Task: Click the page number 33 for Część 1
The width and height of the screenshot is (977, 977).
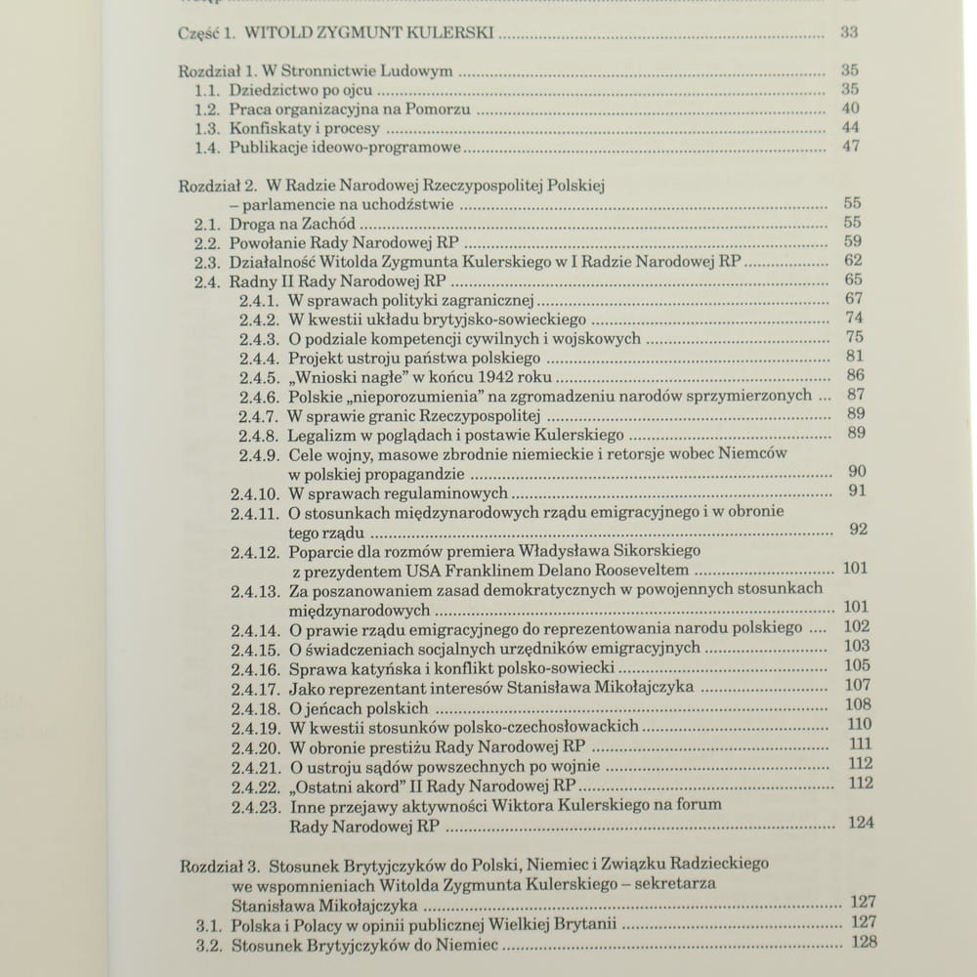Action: click(849, 32)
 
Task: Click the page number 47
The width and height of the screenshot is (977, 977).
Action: click(850, 147)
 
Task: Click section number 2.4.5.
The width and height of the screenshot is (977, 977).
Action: click(260, 376)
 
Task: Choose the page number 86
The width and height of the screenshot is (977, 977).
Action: click(856, 375)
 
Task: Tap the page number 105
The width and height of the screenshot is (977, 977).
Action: click(857, 665)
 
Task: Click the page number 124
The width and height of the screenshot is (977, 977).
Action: click(861, 823)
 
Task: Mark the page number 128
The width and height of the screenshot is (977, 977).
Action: click(864, 942)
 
